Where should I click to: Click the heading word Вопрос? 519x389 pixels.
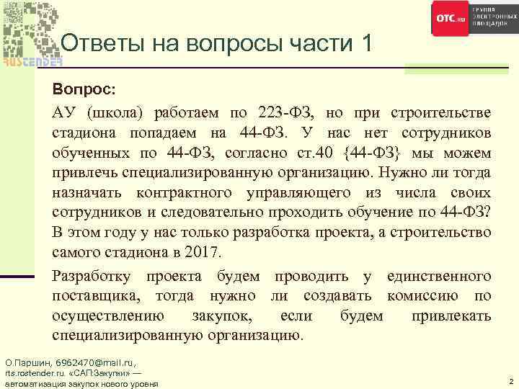83,91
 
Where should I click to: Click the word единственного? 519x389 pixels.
438,276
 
